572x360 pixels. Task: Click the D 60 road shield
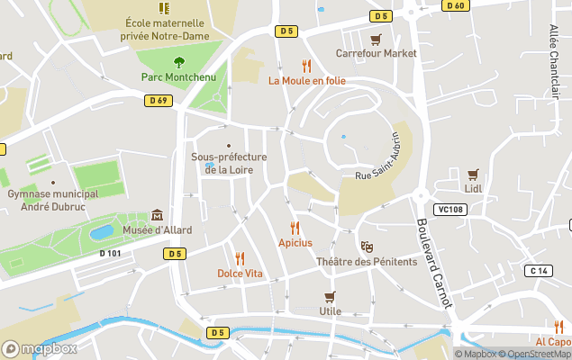click(456, 5)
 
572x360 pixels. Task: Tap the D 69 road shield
click(157, 100)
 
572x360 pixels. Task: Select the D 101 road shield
click(110, 253)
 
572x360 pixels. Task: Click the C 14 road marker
click(539, 271)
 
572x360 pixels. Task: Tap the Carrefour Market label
click(377, 53)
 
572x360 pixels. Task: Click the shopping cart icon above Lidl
click(473, 175)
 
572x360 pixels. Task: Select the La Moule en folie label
click(307, 80)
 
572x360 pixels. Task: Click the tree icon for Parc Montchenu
click(178, 62)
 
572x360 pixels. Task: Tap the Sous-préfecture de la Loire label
click(229, 163)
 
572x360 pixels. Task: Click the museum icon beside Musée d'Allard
click(158, 215)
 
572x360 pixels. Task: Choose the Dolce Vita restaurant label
click(240, 273)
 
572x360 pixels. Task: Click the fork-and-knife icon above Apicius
click(295, 228)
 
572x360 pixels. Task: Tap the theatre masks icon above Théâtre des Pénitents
click(367, 246)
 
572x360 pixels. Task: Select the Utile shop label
click(330, 311)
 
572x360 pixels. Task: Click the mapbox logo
click(40, 348)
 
